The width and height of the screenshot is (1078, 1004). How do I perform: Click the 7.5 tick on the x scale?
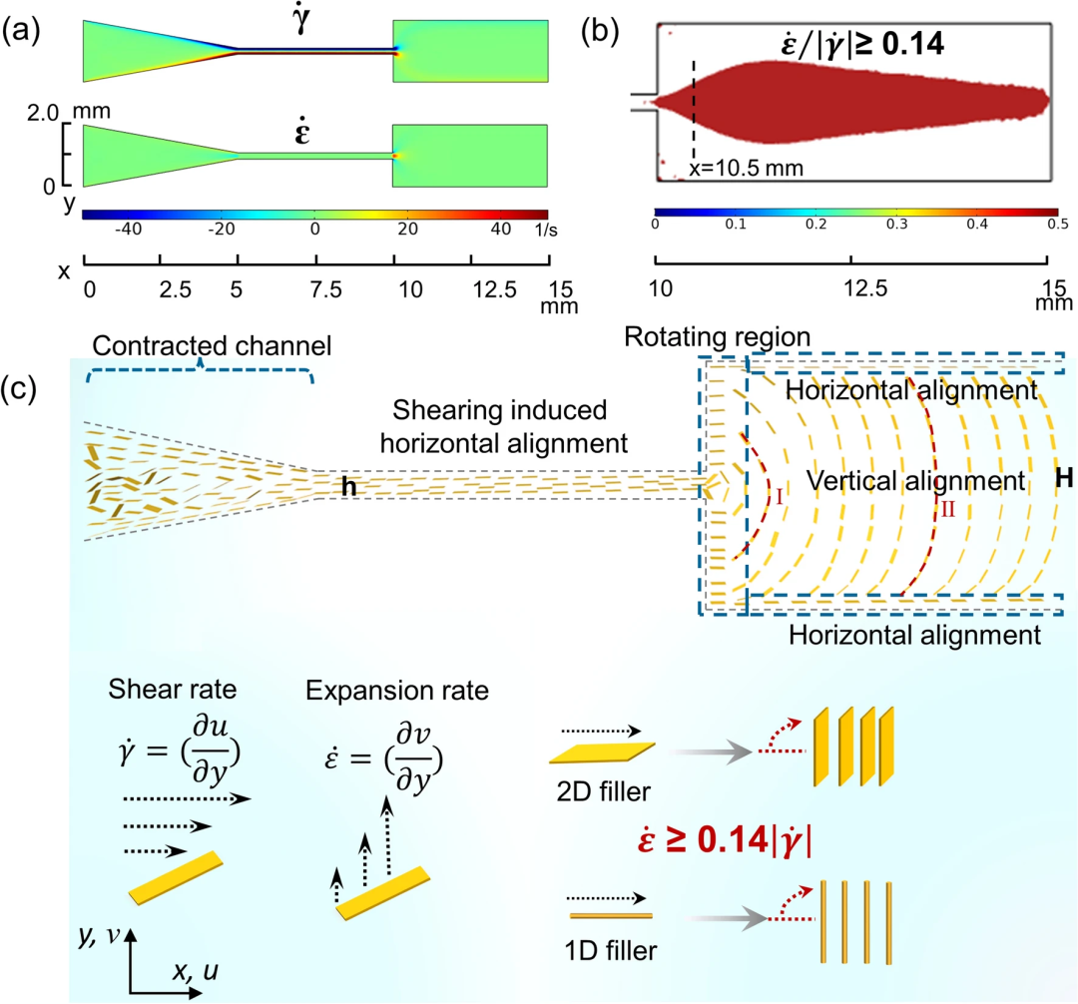pyautogui.click(x=316, y=288)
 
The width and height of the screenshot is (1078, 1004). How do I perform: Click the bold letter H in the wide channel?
pyautogui.click(x=1064, y=480)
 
